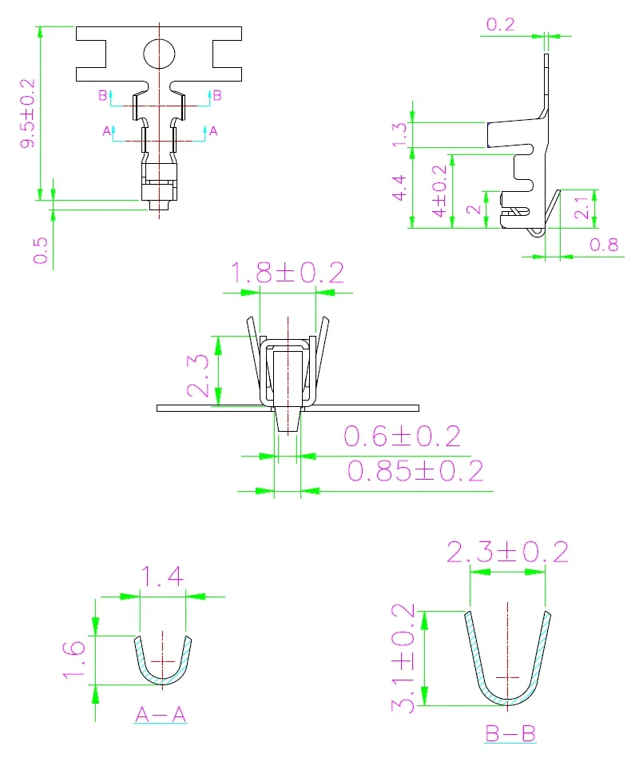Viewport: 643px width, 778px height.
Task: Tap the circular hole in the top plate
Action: coord(159,54)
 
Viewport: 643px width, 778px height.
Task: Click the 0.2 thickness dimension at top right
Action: coord(501,24)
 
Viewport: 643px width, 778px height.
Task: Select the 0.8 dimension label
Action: coord(605,244)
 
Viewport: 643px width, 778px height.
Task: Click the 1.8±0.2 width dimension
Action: coord(288,273)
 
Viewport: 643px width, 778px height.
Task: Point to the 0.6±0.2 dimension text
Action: coord(402,436)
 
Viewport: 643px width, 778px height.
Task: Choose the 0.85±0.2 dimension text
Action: coord(415,470)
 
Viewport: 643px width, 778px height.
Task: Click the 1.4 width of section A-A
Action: coord(163,576)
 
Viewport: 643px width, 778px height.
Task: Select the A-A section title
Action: coord(161,715)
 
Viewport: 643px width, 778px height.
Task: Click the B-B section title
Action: coord(510,733)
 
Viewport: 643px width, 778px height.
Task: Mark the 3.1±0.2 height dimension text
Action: coord(403,659)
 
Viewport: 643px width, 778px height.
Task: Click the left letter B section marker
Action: coord(102,95)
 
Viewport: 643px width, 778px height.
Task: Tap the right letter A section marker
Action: coord(212,130)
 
